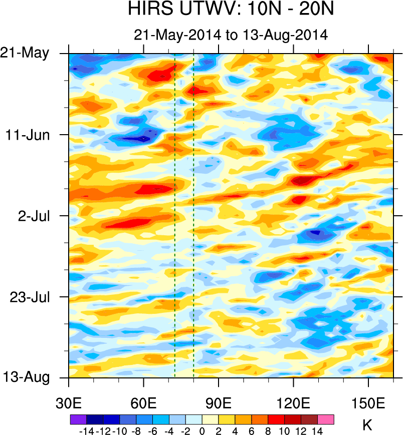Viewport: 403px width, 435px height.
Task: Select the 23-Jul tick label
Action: tap(30, 297)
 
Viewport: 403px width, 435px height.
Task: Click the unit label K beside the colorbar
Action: tap(367, 426)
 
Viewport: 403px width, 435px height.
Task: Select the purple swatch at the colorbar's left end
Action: tap(78, 419)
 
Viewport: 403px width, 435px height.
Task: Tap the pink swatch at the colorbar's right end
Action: tap(326, 419)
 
